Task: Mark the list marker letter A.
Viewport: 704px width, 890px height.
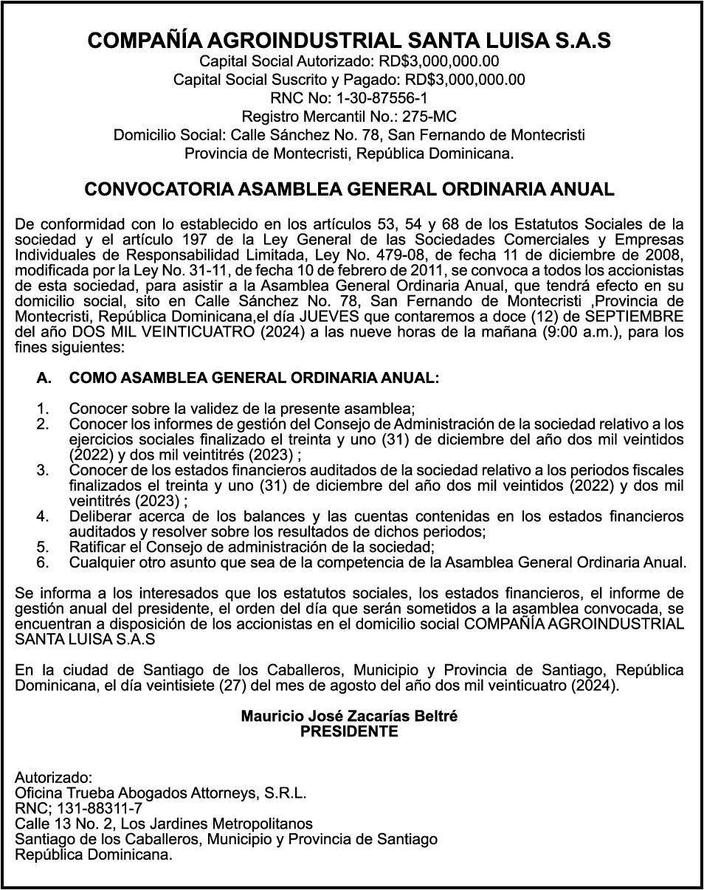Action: [x=44, y=378]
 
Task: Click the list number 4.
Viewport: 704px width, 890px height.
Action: [x=43, y=516]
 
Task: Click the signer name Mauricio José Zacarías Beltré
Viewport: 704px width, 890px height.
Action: [x=349, y=717]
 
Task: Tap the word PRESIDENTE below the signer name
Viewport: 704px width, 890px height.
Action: [x=349, y=731]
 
